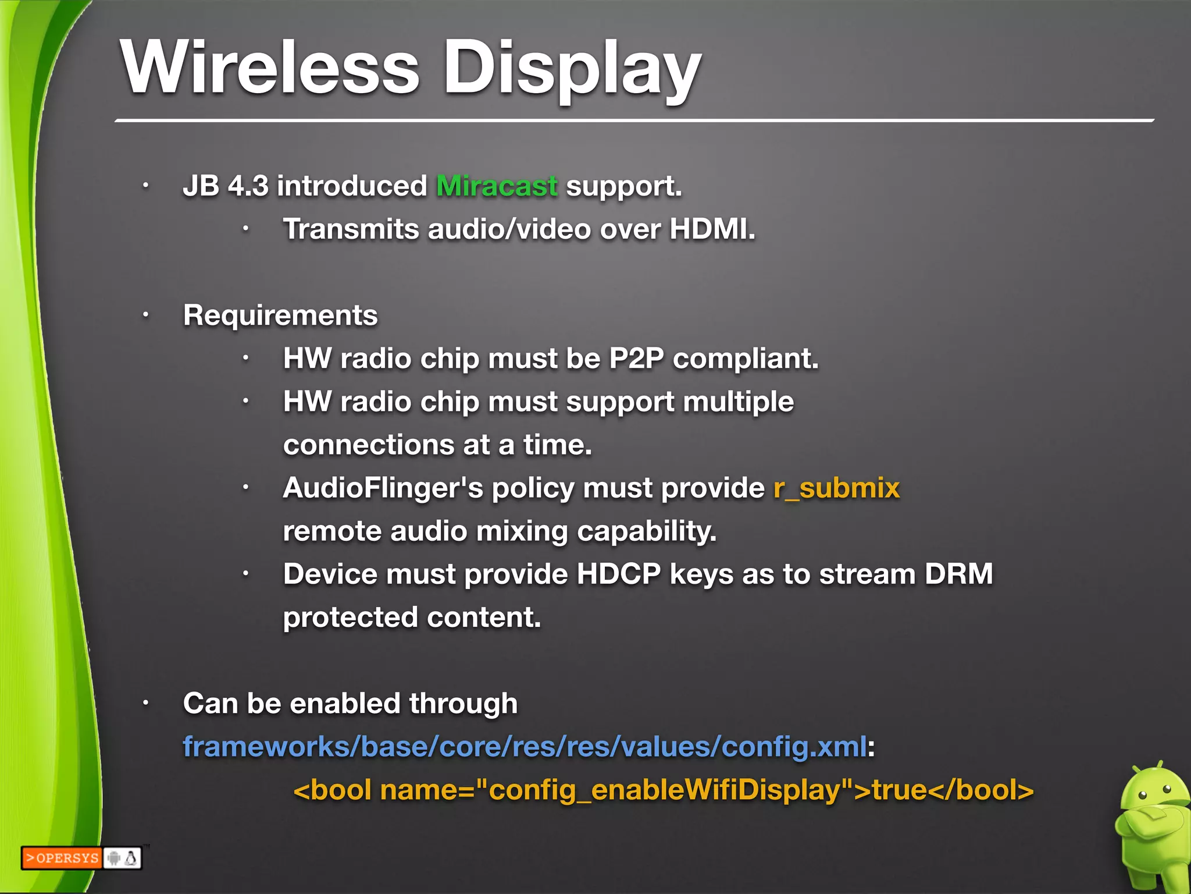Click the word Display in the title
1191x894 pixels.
point(572,69)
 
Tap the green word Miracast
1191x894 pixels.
point(497,186)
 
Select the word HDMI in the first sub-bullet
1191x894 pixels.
point(712,229)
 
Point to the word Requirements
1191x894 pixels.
point(280,315)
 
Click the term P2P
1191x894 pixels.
point(636,358)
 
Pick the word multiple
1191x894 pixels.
point(738,402)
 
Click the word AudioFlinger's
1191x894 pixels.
point(383,488)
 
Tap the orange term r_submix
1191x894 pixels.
point(836,488)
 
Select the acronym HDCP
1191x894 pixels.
point(619,574)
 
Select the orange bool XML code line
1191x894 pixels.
point(664,790)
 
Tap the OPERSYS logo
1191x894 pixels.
point(62,858)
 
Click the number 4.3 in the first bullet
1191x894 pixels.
point(248,186)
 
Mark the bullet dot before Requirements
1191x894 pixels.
point(146,315)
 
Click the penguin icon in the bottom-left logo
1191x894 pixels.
point(131,858)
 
